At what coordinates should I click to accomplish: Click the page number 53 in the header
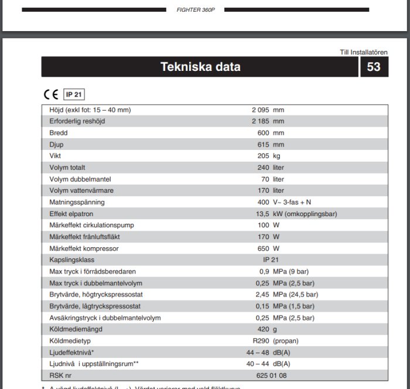click(374, 67)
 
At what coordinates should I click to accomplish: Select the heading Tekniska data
click(200, 67)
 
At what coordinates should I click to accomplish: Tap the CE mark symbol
click(51, 94)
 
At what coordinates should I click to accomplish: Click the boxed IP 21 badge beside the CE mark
click(74, 94)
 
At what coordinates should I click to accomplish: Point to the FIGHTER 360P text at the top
click(196, 10)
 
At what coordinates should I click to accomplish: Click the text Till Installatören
click(364, 52)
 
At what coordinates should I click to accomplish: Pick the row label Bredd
click(59, 133)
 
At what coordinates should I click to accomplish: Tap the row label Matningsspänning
click(77, 202)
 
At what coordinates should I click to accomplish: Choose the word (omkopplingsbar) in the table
click(312, 214)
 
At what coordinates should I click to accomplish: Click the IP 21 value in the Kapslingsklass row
click(271, 260)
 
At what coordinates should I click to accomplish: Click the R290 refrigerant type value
click(261, 341)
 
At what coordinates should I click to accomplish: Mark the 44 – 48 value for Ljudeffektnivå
click(258, 353)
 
